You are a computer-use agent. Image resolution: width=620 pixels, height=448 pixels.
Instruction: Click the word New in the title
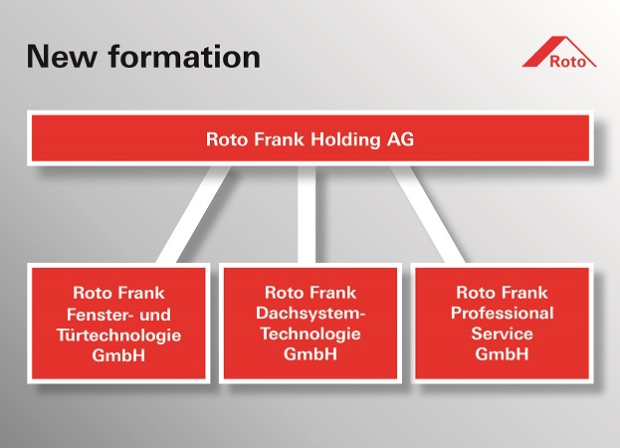62,56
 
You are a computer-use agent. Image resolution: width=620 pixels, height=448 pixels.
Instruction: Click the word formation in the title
184,56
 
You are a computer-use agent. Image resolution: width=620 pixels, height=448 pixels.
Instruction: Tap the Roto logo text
568,62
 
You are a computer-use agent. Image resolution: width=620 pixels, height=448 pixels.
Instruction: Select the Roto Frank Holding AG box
310,138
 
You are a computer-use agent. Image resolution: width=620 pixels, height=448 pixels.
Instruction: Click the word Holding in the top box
345,139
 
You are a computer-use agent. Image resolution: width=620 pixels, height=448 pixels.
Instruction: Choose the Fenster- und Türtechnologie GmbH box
118,324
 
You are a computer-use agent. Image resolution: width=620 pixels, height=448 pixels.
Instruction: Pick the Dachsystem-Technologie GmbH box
310,324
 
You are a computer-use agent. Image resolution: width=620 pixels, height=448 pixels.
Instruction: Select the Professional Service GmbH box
503,324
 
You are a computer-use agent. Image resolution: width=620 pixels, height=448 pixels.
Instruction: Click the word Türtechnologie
119,336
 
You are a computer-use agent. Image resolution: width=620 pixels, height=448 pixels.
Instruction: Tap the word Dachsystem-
310,314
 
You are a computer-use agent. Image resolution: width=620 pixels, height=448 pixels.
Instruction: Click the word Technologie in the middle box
310,334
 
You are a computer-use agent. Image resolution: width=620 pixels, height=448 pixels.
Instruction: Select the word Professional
503,314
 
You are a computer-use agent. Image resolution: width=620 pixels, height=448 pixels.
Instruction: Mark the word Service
503,334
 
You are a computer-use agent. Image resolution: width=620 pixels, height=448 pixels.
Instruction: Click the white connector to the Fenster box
194,214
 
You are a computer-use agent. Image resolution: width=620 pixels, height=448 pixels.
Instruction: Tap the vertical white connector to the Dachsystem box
307,214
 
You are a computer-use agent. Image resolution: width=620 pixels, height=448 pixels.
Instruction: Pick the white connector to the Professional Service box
428,214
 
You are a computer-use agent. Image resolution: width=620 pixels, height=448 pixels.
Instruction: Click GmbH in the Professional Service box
502,353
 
